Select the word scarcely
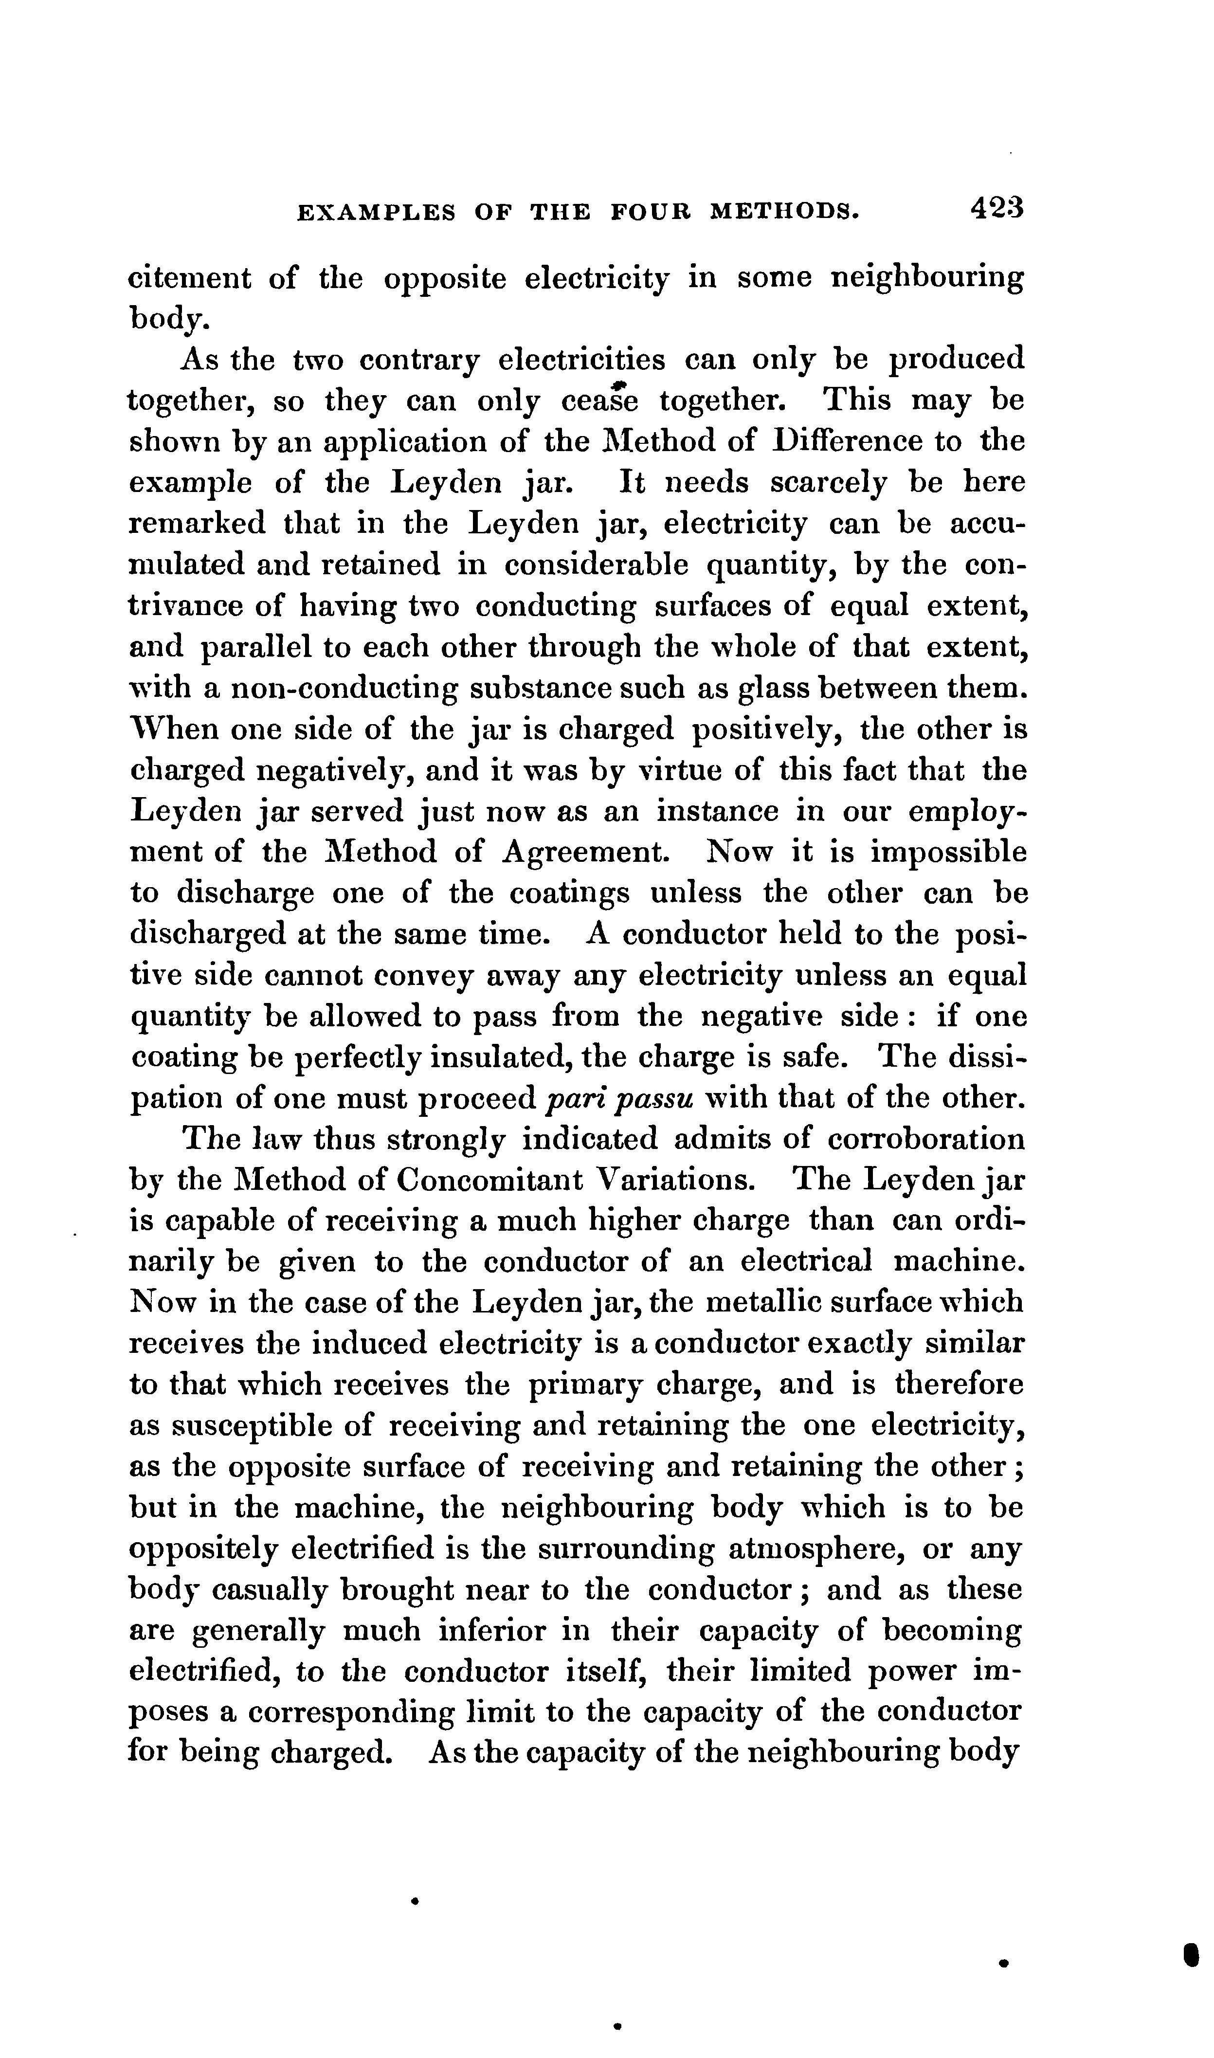tap(828, 483)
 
